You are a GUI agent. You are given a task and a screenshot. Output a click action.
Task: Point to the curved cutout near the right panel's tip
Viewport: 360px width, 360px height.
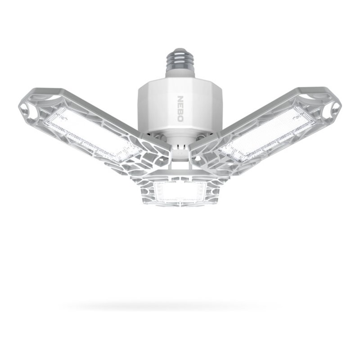click(x=310, y=96)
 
